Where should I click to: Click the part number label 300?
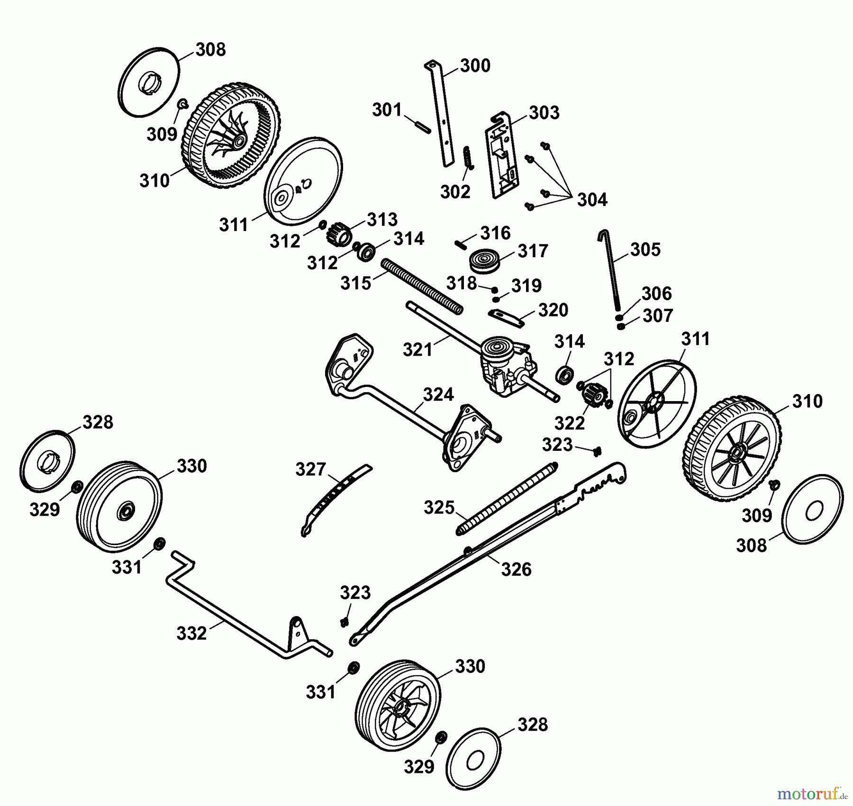pyautogui.click(x=475, y=66)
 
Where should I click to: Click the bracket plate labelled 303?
pyautogui.click(x=501, y=156)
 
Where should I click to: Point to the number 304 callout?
pyautogui.click(x=592, y=200)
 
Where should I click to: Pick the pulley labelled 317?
pyautogui.click(x=485, y=260)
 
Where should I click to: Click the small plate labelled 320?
pyautogui.click(x=506, y=318)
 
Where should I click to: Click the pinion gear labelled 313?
pyautogui.click(x=339, y=234)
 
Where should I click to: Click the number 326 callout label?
pyautogui.click(x=516, y=569)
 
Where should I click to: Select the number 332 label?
pyautogui.click(x=191, y=633)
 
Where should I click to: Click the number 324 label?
pyautogui.click(x=438, y=394)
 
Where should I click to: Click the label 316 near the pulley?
pyautogui.click(x=495, y=233)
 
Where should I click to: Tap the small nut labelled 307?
pyautogui.click(x=621, y=326)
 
